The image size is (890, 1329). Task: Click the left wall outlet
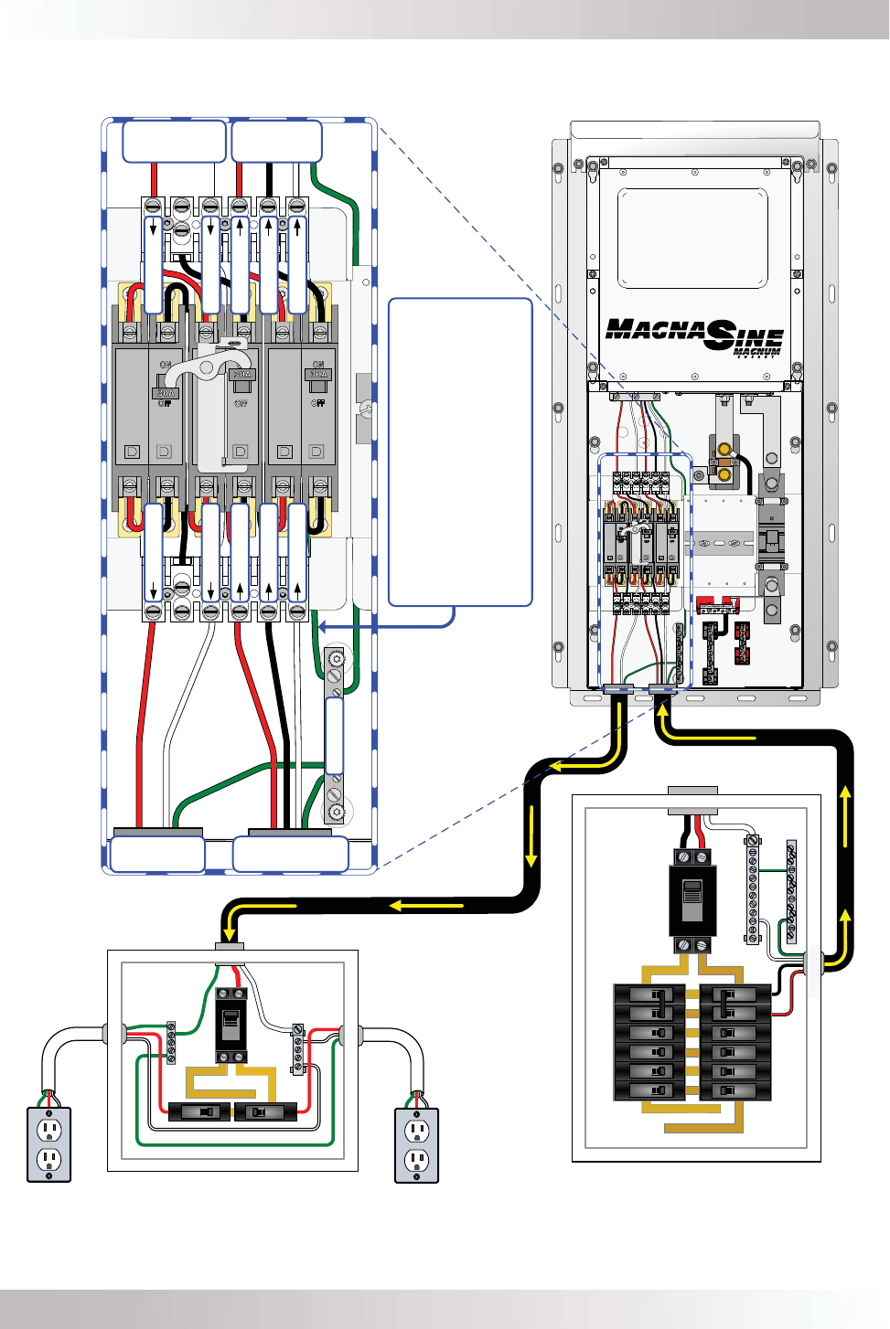(49, 1144)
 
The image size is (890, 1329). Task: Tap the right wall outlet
(417, 1144)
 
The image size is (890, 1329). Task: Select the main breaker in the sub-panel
(231, 1025)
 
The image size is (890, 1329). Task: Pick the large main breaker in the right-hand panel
(692, 900)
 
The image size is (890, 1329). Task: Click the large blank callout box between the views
(460, 452)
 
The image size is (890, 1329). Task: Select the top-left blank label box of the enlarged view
(174, 142)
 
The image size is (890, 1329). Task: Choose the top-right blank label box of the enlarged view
(276, 142)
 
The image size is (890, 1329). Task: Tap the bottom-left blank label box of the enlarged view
(157, 855)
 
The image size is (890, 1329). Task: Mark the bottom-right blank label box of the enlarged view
(291, 855)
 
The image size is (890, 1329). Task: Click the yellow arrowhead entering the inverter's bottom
(662, 708)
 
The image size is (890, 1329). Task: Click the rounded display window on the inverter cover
(692, 239)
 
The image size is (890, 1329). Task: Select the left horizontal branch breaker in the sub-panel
(199, 1112)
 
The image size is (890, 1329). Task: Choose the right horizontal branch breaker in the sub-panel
(265, 1112)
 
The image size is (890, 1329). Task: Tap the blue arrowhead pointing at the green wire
(318, 627)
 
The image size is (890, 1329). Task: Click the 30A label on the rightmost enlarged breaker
(318, 374)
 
